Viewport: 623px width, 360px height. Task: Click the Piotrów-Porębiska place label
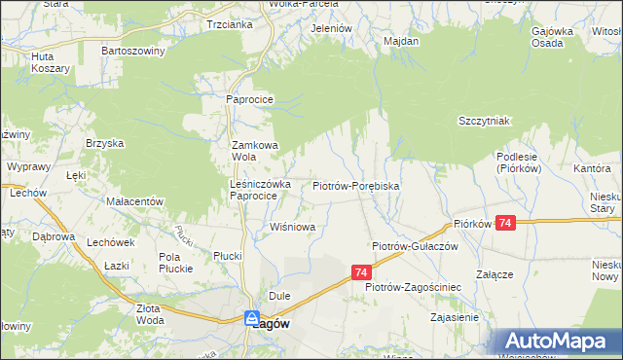[x=355, y=185]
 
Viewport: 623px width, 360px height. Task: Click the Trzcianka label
[x=230, y=25]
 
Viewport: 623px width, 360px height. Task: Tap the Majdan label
[x=401, y=42]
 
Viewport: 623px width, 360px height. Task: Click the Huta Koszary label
[x=50, y=62]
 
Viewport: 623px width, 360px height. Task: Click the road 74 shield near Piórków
[x=504, y=223]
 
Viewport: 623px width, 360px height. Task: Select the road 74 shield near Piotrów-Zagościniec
[x=361, y=273]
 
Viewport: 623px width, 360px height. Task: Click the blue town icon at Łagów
[x=251, y=317]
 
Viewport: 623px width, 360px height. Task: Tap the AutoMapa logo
[x=556, y=341]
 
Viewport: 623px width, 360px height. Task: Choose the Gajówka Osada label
[x=551, y=37]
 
